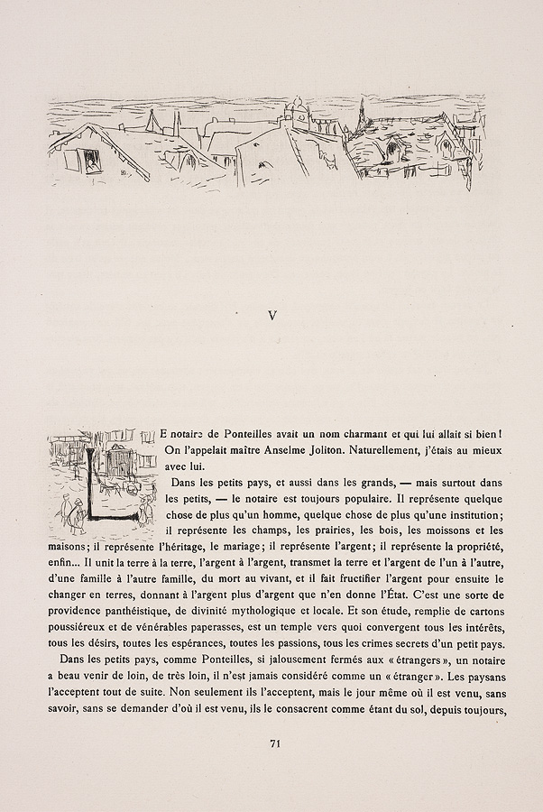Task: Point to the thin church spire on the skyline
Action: point(363,112)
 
